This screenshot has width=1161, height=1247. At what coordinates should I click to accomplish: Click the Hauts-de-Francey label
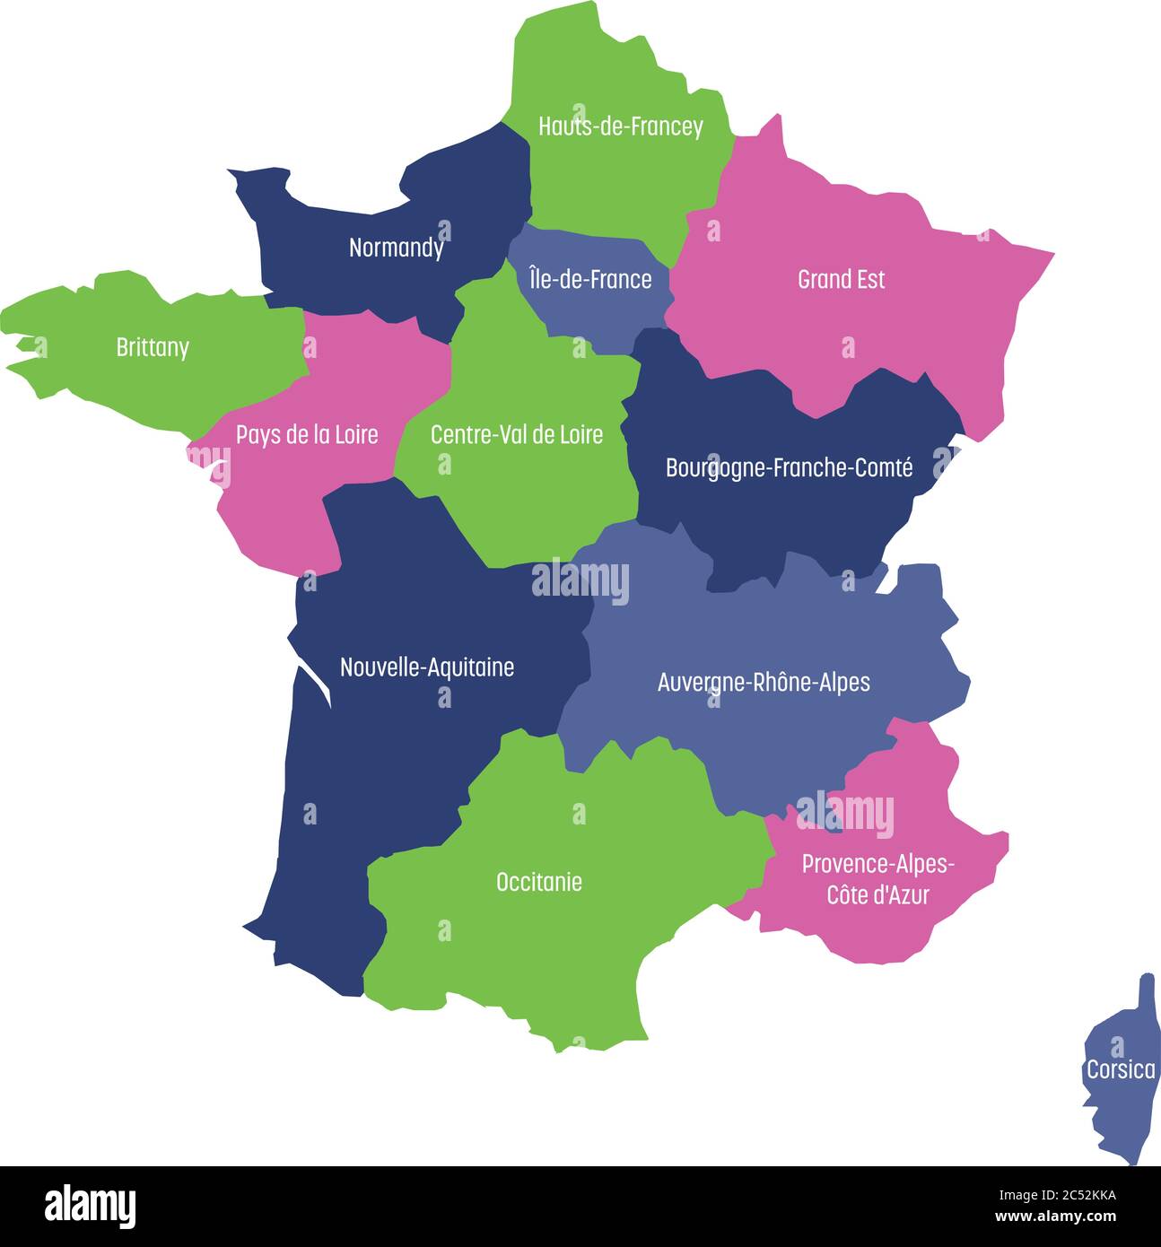(620, 126)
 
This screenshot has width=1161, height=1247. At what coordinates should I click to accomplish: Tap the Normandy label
(396, 248)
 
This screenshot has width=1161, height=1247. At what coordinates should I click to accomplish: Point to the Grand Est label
(841, 280)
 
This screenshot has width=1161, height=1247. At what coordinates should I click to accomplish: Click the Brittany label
(153, 347)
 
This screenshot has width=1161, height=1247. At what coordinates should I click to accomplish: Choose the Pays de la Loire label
(307, 435)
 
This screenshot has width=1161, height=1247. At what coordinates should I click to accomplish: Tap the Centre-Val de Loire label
(517, 435)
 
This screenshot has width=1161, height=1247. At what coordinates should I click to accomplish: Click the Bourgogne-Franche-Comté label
(789, 467)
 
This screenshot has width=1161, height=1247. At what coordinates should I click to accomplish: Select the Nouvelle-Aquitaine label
(427, 667)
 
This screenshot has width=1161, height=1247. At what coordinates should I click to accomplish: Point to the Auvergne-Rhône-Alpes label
(764, 683)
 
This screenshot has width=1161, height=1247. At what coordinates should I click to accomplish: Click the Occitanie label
(538, 882)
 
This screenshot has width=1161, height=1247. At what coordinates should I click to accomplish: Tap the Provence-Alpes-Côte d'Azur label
(877, 879)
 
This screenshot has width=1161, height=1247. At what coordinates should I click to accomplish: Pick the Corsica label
(1121, 1070)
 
